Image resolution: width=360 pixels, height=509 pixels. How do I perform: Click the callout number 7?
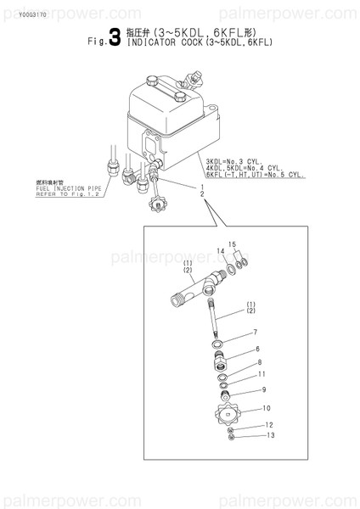[253, 333]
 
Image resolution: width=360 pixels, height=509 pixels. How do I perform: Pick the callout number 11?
[262, 374]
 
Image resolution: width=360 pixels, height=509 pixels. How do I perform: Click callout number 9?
[264, 389]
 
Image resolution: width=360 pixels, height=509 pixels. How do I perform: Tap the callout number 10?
[267, 408]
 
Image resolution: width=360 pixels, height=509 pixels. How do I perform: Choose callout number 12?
[268, 424]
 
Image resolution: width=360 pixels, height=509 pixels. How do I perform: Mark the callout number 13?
[271, 435]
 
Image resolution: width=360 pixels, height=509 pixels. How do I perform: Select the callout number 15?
[231, 244]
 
